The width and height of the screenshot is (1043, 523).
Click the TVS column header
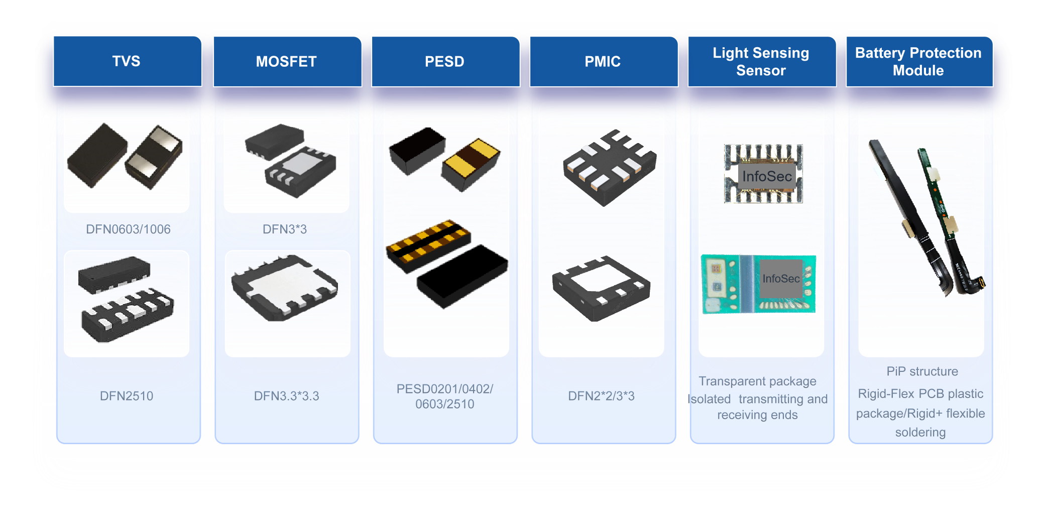[127, 61]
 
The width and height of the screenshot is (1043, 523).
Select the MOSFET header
[287, 61]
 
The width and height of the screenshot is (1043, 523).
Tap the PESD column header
[445, 61]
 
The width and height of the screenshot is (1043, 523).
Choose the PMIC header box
[603, 61]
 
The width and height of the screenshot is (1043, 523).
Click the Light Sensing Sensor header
[761, 61]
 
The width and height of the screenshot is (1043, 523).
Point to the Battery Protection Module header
[919, 61]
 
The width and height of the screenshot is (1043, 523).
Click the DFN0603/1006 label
[128, 229]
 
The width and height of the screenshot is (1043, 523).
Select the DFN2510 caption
[127, 396]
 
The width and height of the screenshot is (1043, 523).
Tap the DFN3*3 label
[285, 229]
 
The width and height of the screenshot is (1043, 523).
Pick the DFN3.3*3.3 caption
[287, 396]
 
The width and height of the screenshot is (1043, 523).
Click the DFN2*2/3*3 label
[602, 396]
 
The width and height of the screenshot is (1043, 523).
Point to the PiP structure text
[922, 371]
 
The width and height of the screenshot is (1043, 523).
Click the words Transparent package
[757, 381]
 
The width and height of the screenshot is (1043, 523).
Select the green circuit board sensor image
[758, 284]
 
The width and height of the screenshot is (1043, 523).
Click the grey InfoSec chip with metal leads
[763, 174]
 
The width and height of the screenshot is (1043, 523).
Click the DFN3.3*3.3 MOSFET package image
[284, 288]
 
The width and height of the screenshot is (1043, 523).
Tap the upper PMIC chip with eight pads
[610, 167]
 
